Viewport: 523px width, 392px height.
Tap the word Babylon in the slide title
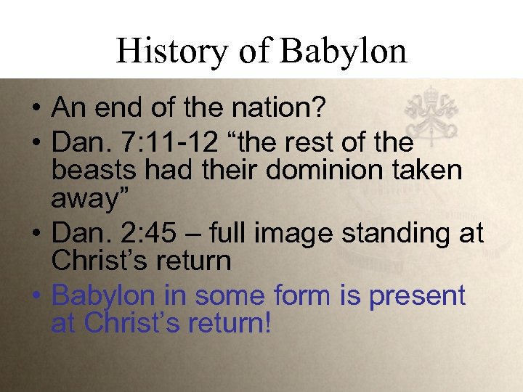[x=344, y=51]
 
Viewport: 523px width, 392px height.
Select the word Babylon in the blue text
[x=104, y=296]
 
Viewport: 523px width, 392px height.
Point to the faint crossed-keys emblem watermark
[x=431, y=115]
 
